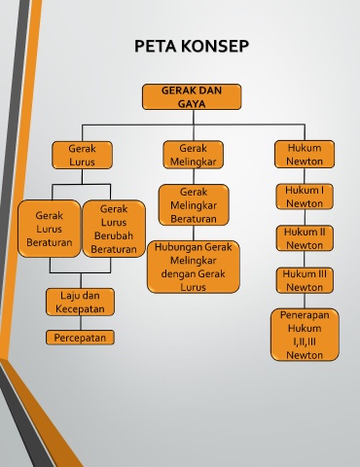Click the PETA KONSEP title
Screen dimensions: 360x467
click(192, 46)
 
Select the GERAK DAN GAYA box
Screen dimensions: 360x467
click(192, 96)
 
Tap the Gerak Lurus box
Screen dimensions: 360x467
click(82, 155)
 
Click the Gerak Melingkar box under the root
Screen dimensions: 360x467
click(194, 155)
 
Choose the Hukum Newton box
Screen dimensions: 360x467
click(305, 154)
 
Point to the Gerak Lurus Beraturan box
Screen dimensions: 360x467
click(50, 229)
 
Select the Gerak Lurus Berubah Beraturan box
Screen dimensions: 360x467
click(114, 229)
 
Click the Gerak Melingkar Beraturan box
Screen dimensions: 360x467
click(194, 205)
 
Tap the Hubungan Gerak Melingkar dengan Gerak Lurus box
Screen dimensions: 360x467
click(194, 267)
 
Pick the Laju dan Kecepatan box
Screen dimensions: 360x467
click(80, 302)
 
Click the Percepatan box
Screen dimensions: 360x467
click(80, 338)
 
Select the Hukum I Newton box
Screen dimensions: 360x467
click(305, 197)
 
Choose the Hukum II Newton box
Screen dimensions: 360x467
click(305, 238)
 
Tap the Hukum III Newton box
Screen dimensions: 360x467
click(305, 280)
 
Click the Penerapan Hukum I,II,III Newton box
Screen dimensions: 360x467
click(305, 335)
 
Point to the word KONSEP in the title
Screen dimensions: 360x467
click(215, 46)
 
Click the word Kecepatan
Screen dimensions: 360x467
click(80, 308)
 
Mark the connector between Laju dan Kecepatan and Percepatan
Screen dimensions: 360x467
click(81, 323)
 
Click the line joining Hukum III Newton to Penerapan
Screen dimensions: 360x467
click(305, 301)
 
